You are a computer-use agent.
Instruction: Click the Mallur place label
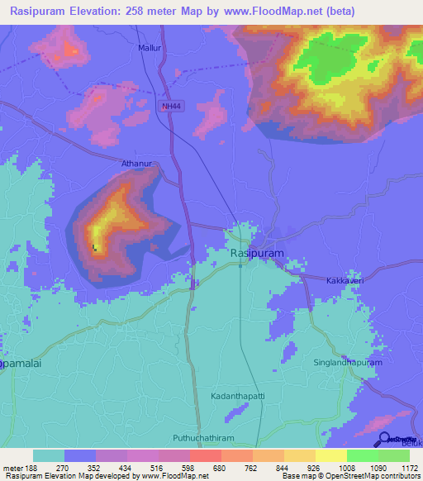pyautogui.click(x=150, y=49)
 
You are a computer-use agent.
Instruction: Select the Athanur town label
pyautogui.click(x=137, y=164)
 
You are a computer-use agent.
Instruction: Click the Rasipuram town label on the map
pyautogui.click(x=257, y=253)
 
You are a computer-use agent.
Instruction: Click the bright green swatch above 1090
pyautogui.click(x=362, y=455)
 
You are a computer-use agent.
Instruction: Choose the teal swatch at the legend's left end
pyautogui.click(x=49, y=455)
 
